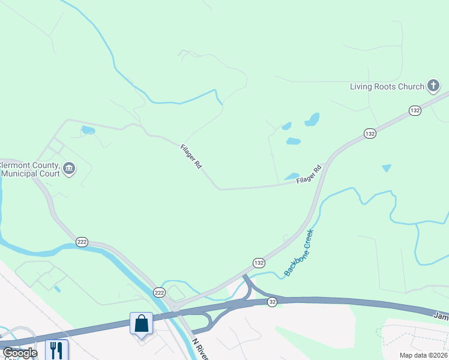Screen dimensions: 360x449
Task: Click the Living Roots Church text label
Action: tap(387, 86)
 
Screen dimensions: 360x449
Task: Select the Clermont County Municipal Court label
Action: tap(30, 169)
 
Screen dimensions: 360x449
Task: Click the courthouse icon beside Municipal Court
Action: tap(69, 169)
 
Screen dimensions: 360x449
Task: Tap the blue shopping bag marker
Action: tap(142, 323)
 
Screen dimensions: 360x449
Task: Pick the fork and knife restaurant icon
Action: tap(57, 349)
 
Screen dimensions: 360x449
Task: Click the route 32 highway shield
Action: tap(273, 301)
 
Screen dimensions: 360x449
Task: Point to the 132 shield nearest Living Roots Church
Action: tap(415, 110)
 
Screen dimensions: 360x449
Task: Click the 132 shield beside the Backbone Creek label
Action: tap(259, 263)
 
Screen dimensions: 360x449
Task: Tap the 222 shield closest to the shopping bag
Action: tap(159, 292)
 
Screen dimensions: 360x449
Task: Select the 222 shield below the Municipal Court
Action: tap(82, 242)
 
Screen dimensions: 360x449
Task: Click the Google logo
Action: tap(20, 353)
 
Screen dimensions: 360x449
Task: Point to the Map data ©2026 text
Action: tap(423, 355)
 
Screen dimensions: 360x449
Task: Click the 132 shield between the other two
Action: tap(370, 133)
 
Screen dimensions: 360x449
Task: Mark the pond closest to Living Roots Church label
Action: tap(312, 119)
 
